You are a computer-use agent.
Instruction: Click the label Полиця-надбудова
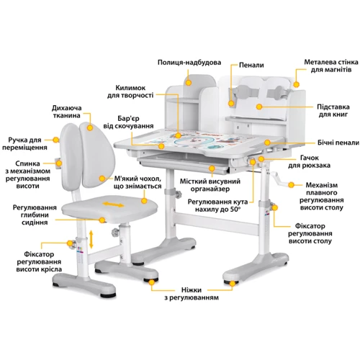(x=189, y=63)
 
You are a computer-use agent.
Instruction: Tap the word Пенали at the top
(x=251, y=65)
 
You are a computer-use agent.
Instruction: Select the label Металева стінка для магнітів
(x=331, y=66)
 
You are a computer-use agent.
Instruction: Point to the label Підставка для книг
(x=333, y=110)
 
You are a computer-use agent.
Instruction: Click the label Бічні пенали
(x=338, y=143)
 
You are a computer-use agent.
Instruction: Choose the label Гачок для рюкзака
(x=309, y=161)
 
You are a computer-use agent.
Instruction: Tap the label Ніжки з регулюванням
(x=192, y=294)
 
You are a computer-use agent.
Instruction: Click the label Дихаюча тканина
(x=66, y=112)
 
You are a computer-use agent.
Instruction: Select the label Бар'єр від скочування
(x=128, y=122)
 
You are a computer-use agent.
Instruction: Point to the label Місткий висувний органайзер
(x=210, y=185)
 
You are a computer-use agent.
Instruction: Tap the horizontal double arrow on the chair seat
(x=113, y=204)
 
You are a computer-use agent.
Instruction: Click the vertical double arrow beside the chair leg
(x=91, y=239)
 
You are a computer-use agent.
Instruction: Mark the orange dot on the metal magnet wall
(x=297, y=84)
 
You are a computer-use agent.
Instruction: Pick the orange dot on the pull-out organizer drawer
(x=212, y=168)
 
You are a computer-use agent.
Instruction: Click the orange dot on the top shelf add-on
(x=189, y=83)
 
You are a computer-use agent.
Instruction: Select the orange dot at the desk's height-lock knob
(x=274, y=208)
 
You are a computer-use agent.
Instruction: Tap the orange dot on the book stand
(x=258, y=107)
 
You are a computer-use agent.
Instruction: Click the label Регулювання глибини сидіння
(x=35, y=215)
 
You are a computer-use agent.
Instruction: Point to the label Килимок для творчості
(x=130, y=91)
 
